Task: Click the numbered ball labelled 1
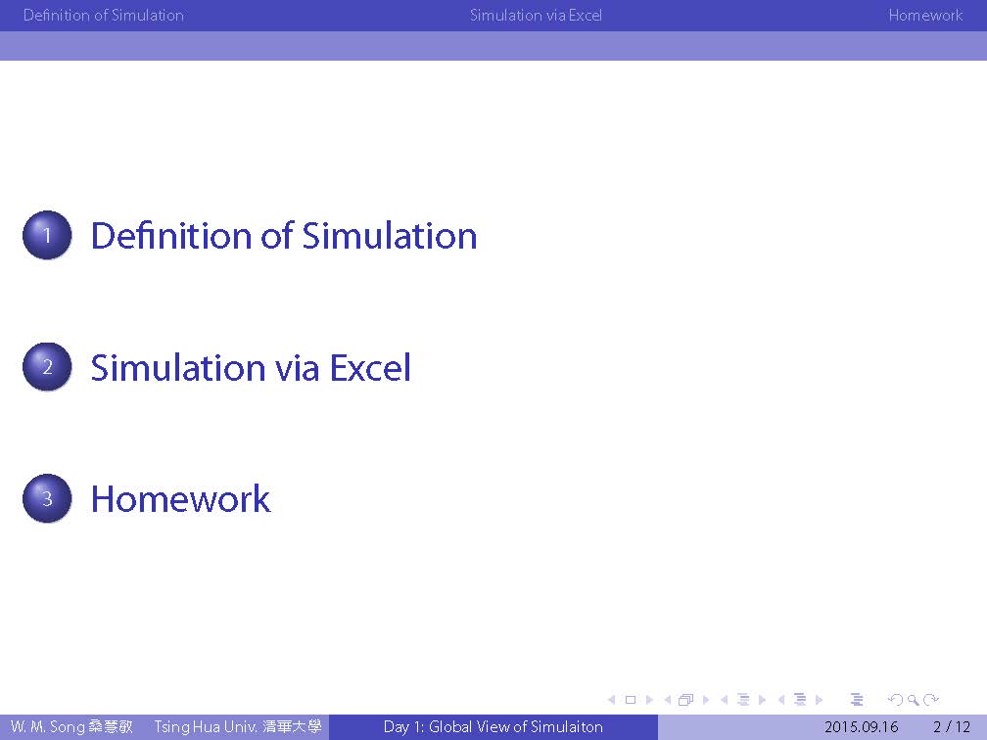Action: [x=47, y=235]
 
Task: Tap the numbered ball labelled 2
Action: [x=47, y=367]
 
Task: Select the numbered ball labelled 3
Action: [x=47, y=498]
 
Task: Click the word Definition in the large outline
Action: [x=172, y=236]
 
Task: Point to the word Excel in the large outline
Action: [x=371, y=367]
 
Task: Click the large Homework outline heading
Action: [x=181, y=499]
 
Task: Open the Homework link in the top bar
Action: [x=925, y=15]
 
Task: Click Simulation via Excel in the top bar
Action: [x=537, y=15]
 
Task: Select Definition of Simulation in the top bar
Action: [x=104, y=15]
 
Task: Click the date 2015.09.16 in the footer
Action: [x=861, y=726]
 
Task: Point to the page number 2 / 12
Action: [x=952, y=726]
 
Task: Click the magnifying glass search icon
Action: [x=913, y=700]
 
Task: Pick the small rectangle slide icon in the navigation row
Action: [x=631, y=700]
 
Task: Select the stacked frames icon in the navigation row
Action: [x=686, y=700]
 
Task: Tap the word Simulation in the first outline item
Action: [x=390, y=236]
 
